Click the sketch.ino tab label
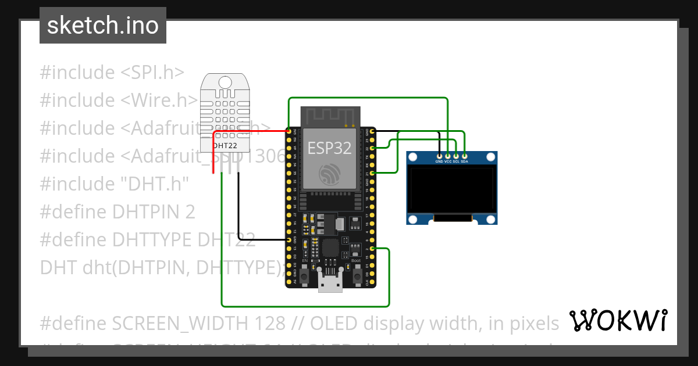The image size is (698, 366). coord(102,26)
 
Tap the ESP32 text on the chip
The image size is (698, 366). coord(329,148)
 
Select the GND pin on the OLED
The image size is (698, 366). coord(439,156)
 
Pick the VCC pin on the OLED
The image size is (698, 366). coord(448,156)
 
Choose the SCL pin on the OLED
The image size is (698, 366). coord(456,156)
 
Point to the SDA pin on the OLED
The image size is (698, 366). coord(464,156)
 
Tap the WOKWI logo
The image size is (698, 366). coord(618,321)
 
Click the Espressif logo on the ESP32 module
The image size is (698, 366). coord(329,174)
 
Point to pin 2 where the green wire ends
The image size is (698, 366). coord(372,249)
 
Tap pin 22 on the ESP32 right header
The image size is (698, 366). coord(372,148)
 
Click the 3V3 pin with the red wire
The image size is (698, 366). coord(289,131)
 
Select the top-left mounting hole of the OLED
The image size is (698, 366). coord(414,157)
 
